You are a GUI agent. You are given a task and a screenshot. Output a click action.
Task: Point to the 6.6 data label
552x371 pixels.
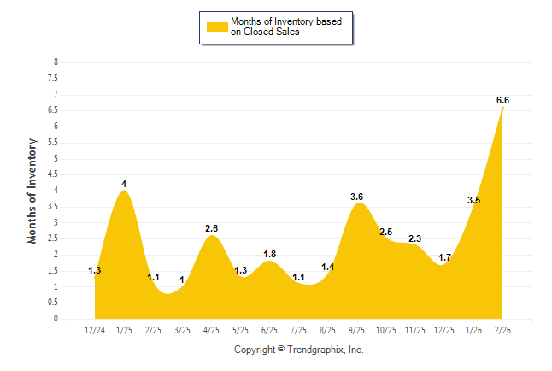coord(502,100)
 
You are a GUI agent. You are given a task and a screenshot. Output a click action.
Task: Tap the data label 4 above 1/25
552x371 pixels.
coord(124,184)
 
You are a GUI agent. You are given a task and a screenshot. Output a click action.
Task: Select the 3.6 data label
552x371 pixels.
coord(357,197)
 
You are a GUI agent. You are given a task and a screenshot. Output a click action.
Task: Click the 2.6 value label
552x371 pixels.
coord(212,228)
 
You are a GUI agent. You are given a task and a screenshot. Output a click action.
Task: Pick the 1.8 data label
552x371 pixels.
coord(269,254)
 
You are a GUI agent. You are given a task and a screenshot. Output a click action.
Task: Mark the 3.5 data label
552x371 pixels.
coord(474,200)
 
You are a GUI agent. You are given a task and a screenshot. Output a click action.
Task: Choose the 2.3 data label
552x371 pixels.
coord(415,238)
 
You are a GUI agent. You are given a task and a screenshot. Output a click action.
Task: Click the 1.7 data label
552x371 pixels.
coord(444,257)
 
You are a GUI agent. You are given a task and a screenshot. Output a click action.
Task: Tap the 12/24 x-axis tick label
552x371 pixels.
coord(95,330)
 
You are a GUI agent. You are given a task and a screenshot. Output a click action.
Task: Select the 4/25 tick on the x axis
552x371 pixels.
coord(211,330)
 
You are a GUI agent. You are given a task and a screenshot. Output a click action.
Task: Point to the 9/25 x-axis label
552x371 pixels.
coord(357,330)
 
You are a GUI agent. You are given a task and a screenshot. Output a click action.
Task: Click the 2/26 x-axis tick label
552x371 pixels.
coord(502,330)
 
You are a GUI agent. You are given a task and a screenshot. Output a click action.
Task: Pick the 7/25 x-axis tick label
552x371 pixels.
coord(299,330)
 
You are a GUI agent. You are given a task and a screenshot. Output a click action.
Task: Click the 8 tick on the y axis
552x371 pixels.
coord(56,62)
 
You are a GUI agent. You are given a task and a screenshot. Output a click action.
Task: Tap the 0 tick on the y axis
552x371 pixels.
coord(56,319)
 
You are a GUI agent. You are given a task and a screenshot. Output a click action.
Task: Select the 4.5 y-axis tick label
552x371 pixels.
coord(53,174)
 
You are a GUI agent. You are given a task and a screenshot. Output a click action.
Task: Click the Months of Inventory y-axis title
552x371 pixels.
coord(32,191)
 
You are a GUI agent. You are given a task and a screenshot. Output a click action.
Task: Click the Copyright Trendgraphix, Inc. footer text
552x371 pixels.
coord(299,350)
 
